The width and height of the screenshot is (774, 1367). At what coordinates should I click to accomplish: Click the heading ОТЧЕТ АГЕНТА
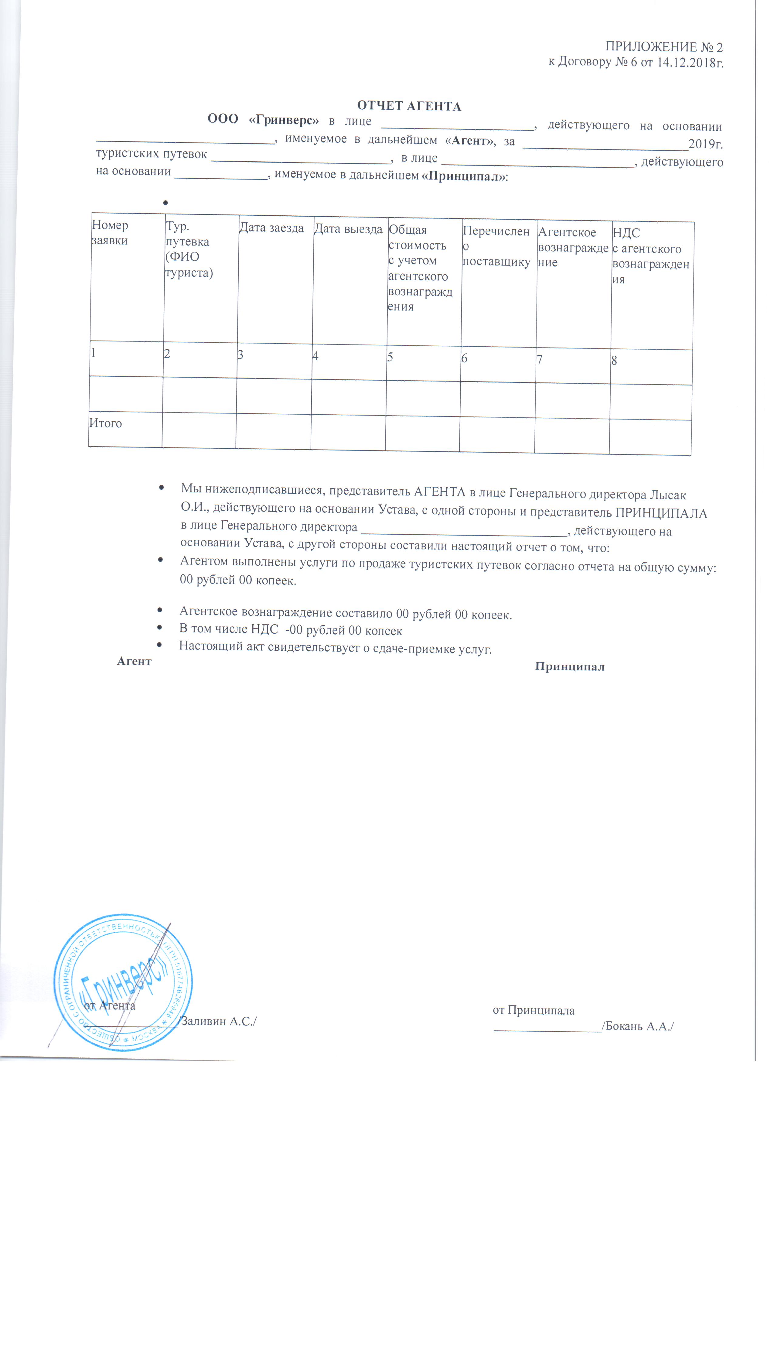[x=409, y=106]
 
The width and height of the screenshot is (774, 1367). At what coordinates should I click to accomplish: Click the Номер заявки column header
[x=110, y=232]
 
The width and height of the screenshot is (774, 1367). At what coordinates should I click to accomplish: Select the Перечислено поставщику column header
[x=496, y=246]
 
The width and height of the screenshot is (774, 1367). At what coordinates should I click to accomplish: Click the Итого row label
[x=105, y=423]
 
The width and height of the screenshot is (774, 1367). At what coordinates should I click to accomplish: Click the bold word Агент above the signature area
[x=134, y=661]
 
